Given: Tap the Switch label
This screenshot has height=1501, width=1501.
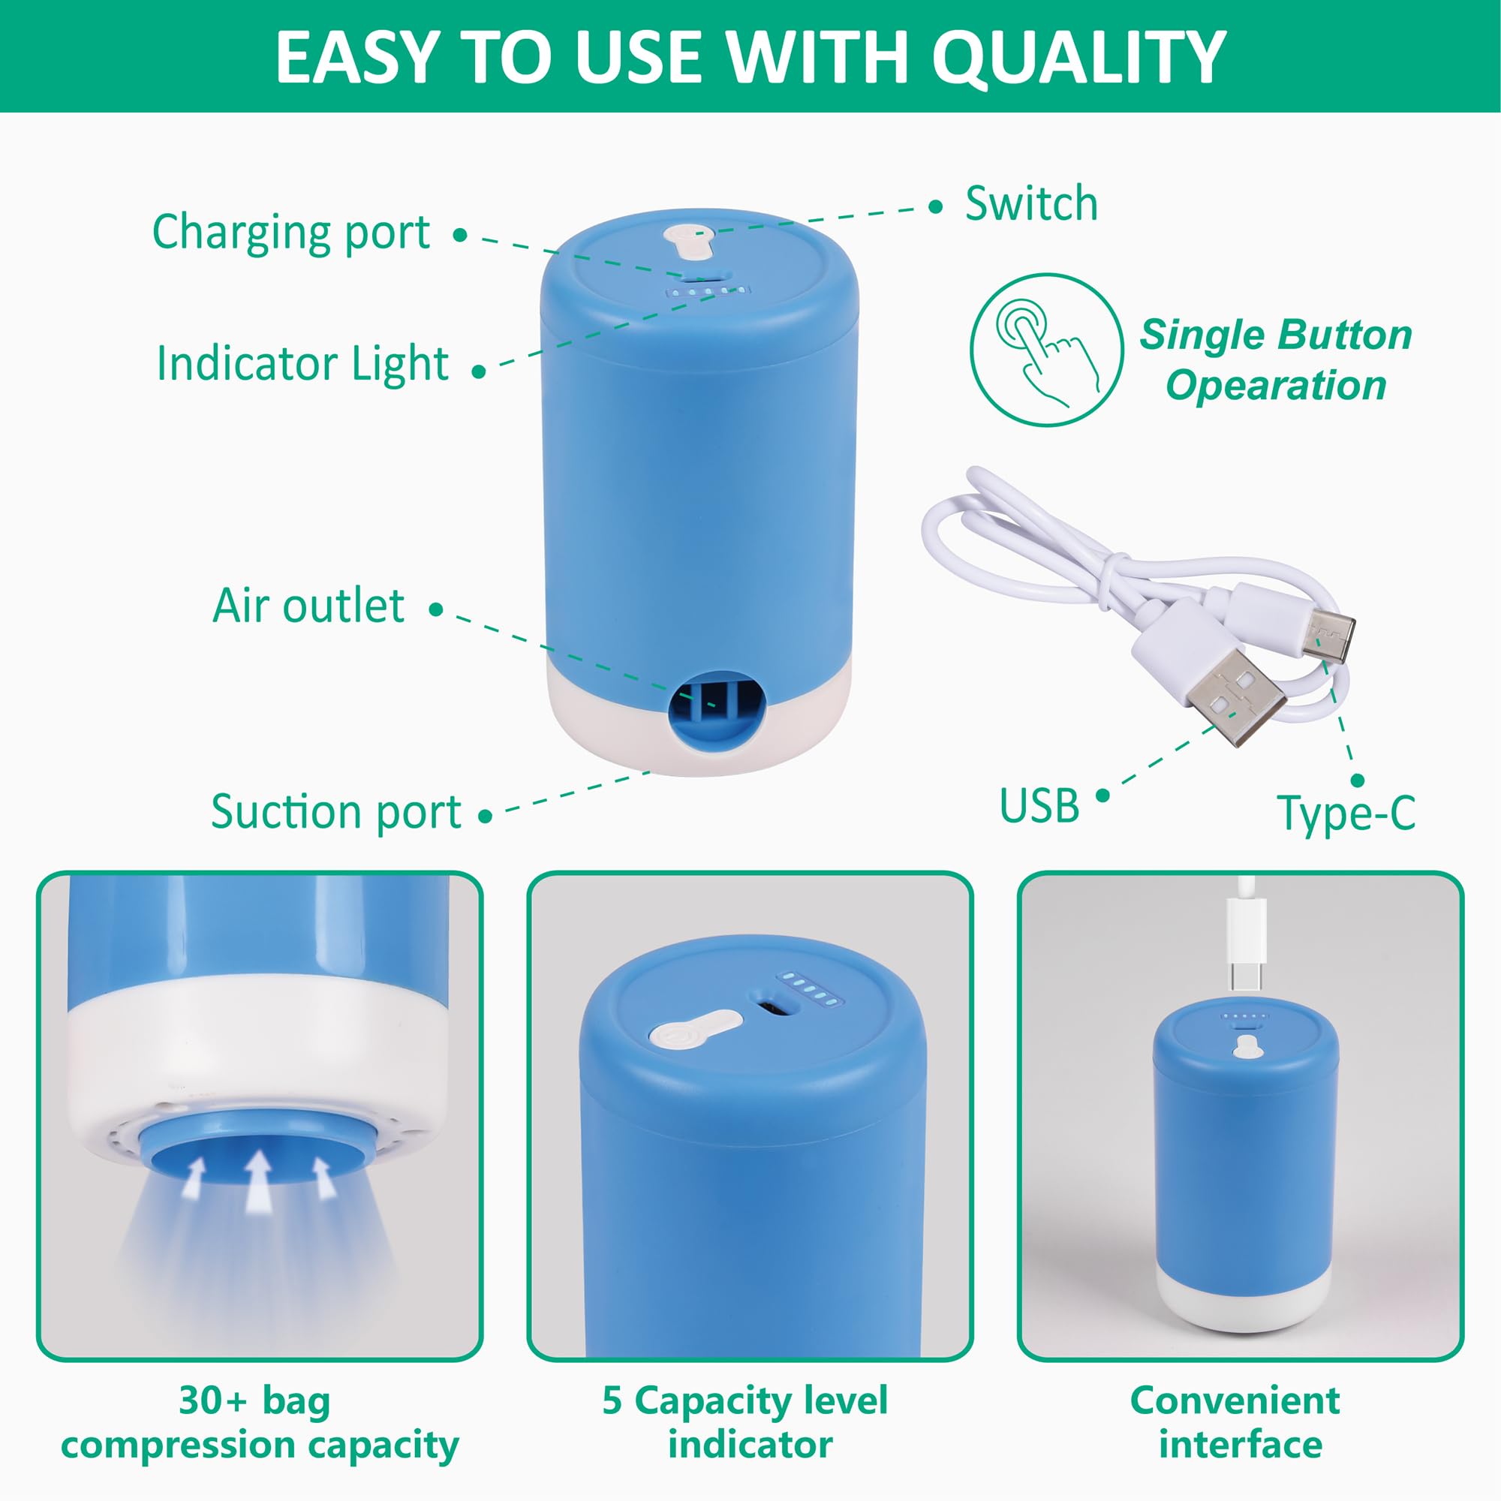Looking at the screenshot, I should click(1031, 204).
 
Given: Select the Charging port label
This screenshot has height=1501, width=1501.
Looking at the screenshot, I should click(290, 233).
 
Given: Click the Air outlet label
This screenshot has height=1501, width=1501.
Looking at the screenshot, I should click(308, 606).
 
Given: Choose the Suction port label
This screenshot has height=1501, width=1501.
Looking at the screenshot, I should click(335, 812).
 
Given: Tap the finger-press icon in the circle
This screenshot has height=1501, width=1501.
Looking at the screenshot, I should click(1045, 350).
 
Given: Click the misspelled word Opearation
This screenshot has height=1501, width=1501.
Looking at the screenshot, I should click(1275, 385).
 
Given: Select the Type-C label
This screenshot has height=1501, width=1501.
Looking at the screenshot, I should click(1346, 814).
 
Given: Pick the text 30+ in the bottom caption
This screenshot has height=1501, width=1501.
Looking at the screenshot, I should click(213, 1400).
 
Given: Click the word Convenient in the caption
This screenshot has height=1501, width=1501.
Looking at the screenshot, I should click(1235, 1400).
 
